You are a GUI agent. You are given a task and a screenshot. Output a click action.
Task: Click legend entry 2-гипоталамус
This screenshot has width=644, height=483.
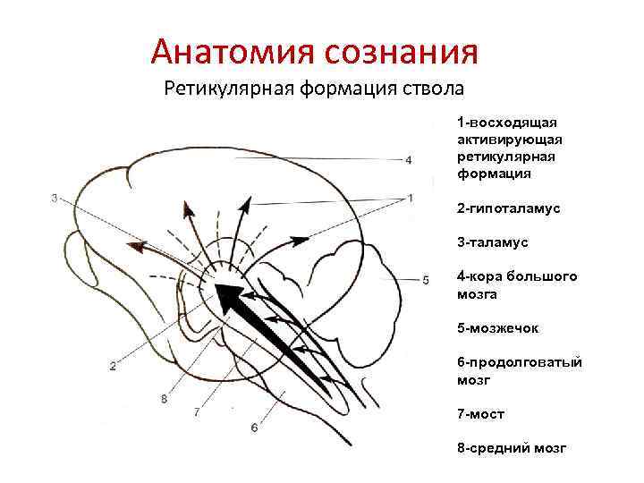(x=508, y=208)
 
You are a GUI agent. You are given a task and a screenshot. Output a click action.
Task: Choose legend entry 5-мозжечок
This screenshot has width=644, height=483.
(x=497, y=328)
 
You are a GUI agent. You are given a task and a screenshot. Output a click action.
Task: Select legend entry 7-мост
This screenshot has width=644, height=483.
(x=480, y=415)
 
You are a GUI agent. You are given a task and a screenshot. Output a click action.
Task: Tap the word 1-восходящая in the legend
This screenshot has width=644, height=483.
(x=507, y=122)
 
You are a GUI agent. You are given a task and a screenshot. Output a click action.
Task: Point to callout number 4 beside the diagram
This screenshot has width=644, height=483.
(x=409, y=160)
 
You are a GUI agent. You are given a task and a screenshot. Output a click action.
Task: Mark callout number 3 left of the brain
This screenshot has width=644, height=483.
(x=55, y=198)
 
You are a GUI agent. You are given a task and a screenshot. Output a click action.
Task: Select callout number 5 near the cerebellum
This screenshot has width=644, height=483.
(x=426, y=279)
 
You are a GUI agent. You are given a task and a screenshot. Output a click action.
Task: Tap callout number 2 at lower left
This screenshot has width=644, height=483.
(x=114, y=365)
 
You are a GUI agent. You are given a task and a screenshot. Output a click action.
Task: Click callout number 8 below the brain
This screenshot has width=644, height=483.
(x=164, y=399)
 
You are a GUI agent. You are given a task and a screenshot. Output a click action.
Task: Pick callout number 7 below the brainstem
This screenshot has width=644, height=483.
(x=196, y=412)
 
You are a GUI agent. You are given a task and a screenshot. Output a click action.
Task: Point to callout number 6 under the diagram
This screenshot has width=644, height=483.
(x=254, y=428)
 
